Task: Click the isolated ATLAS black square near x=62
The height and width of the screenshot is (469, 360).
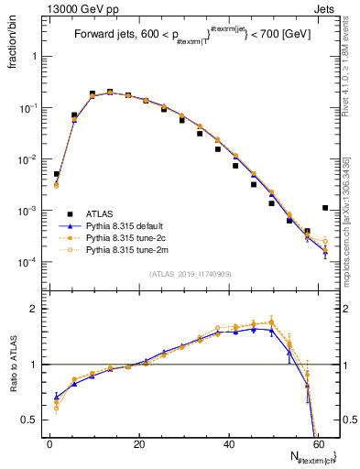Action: click(325, 208)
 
